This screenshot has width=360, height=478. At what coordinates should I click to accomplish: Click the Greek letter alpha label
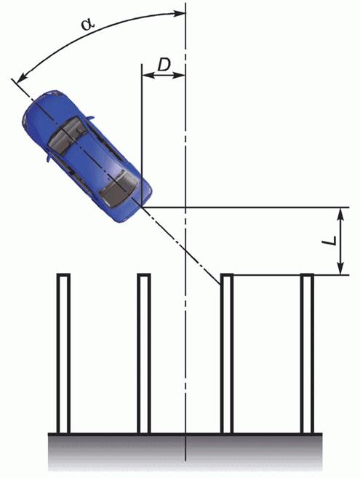coord(88,24)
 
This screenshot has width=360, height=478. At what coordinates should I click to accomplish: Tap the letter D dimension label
coord(164,65)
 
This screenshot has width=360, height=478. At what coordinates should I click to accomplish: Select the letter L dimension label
coord(329,241)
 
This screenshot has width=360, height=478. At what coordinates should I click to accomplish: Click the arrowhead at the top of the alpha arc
coord(179,13)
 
